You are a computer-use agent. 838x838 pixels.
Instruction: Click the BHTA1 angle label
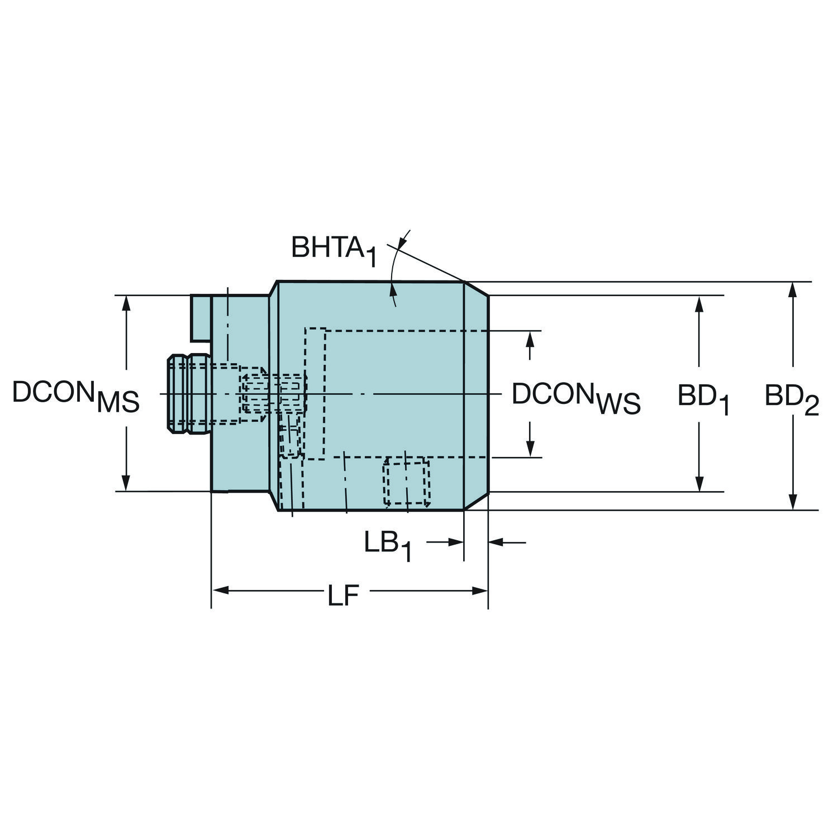click(x=334, y=250)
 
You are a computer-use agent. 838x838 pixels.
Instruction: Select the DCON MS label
click(x=75, y=396)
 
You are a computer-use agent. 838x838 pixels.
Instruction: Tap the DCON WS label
click(x=576, y=397)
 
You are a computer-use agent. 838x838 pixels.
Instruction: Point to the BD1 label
click(x=704, y=398)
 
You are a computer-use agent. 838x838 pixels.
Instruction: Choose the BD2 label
click(x=792, y=398)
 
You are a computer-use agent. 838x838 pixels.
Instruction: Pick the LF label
click(x=342, y=596)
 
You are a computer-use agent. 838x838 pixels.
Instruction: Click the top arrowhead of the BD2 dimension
click(x=792, y=290)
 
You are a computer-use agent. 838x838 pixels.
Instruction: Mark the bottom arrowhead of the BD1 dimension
click(x=698, y=484)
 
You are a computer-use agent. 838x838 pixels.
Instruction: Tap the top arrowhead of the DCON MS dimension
click(x=126, y=303)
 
